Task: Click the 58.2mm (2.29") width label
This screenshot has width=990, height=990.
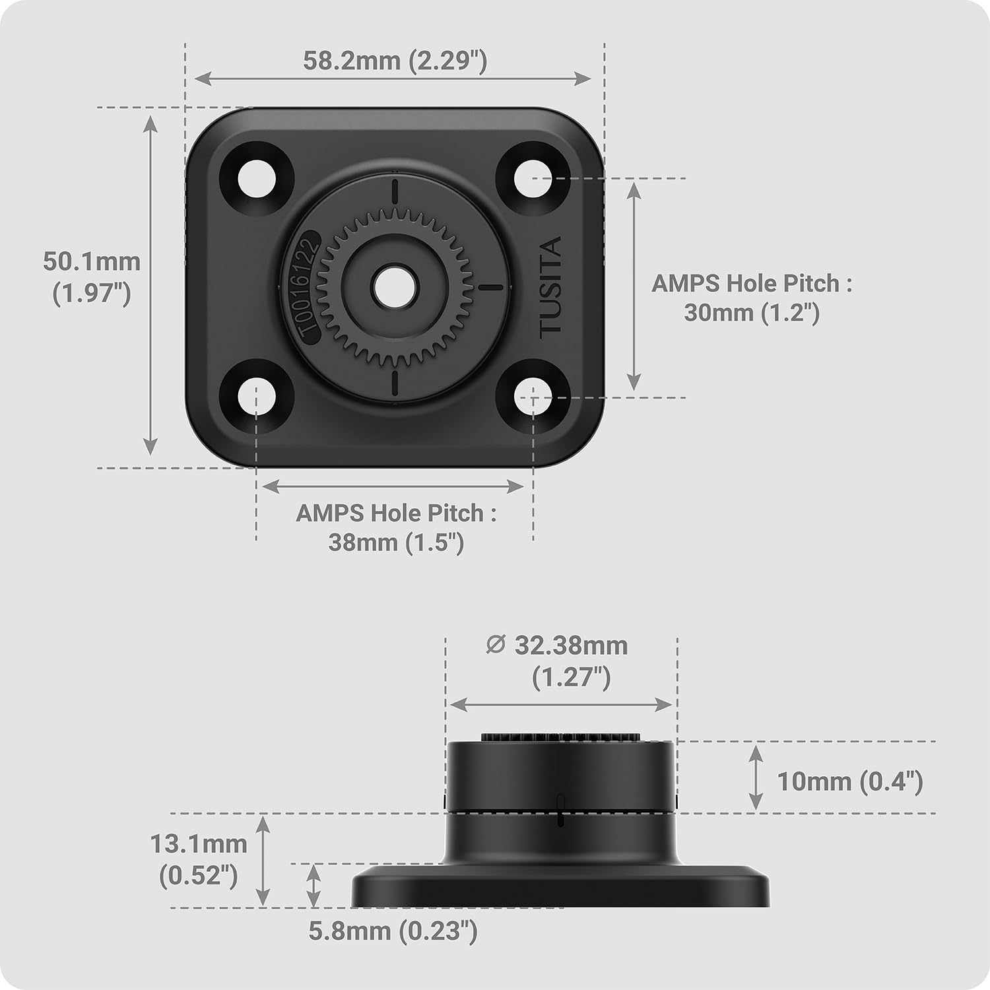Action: pos(395,61)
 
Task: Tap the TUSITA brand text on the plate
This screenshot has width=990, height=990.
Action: pos(550,288)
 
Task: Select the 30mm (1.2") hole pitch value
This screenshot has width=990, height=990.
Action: pos(751,312)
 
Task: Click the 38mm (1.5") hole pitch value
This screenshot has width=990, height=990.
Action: pos(396,543)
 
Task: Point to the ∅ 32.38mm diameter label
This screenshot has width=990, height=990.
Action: pos(557,645)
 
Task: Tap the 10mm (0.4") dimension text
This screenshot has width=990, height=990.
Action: pos(849,781)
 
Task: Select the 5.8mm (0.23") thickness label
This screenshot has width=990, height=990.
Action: pos(393,931)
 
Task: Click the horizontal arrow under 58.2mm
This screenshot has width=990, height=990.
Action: pos(393,79)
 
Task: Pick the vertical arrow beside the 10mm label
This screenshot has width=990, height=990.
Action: pos(756,777)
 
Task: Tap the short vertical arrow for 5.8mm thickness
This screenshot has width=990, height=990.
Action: pos(314,886)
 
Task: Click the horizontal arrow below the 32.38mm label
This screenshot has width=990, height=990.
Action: pos(560,705)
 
